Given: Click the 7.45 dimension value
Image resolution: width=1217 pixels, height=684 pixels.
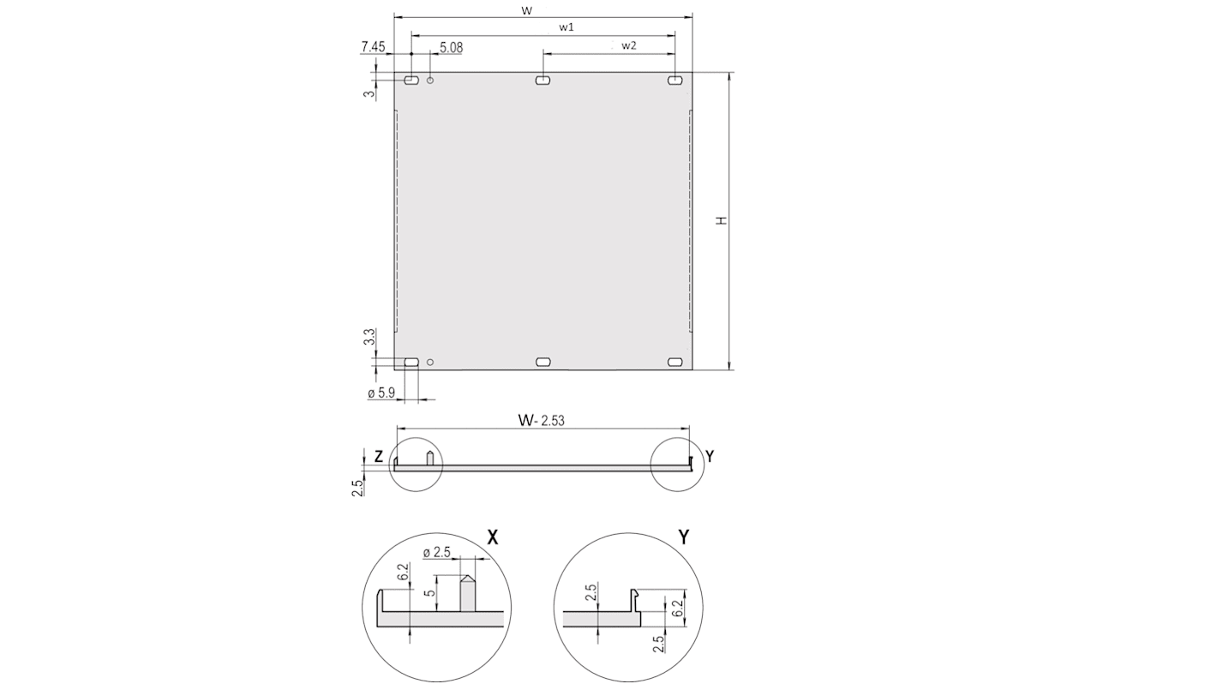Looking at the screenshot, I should [373, 47].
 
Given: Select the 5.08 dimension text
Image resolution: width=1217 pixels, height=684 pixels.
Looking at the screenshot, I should [451, 48].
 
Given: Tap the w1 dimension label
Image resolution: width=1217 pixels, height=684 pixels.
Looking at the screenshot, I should [567, 27].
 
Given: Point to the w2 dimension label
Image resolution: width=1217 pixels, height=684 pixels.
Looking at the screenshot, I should [629, 45].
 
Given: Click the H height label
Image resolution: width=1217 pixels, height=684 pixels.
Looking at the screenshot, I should [722, 220].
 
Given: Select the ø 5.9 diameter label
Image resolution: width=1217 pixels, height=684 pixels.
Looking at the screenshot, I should [381, 393].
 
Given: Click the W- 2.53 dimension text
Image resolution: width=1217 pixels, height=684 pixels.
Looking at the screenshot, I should [541, 420].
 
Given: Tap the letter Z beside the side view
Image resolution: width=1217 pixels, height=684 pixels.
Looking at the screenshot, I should [378, 457].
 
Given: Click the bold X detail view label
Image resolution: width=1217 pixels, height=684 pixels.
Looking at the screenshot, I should [493, 537].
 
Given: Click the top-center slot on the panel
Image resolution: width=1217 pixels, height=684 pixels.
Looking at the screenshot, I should [543, 81].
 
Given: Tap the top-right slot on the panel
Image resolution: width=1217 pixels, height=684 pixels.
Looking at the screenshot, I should [675, 81].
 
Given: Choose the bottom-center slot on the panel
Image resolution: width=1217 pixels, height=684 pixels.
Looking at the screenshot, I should [543, 363].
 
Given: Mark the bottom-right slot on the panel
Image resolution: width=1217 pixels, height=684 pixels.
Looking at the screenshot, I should [675, 363].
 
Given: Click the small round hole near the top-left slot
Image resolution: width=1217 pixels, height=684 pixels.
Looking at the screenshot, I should [430, 81].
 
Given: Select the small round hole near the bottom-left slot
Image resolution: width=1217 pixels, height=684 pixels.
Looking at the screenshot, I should [430, 363].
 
